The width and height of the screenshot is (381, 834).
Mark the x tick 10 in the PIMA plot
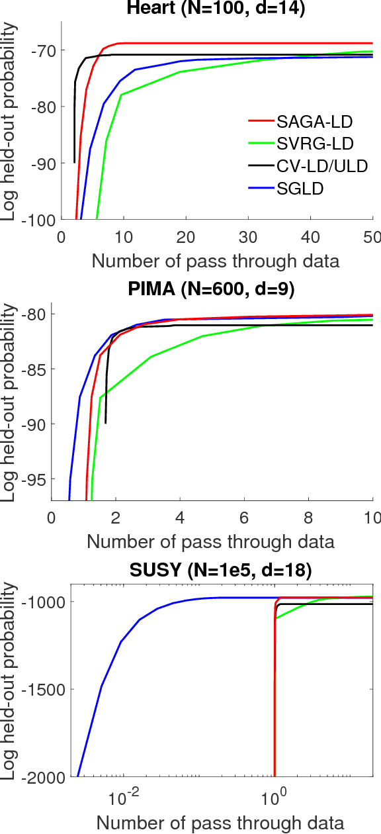(372, 517)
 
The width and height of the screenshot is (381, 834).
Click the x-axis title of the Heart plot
(216, 260)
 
